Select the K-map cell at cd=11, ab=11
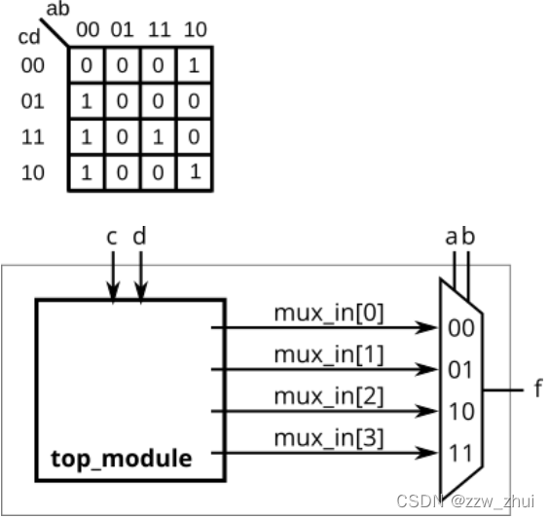159,137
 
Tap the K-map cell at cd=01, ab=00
86,101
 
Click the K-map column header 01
122,30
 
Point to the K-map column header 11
159,30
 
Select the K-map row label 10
32,173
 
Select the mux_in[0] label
328,314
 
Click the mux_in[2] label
328,396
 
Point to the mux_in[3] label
328,438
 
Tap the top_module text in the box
122,458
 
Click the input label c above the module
114,237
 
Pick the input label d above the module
140,237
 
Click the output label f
536,390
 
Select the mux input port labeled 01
460,370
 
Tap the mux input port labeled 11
460,453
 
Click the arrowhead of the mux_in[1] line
428,370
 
